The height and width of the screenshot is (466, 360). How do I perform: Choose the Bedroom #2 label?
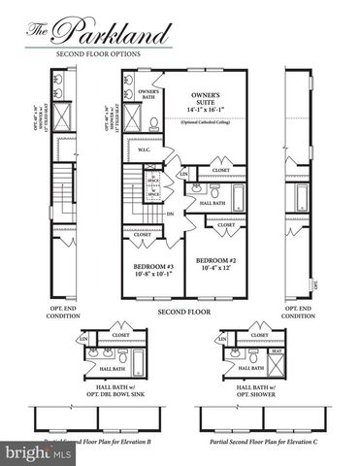pos(213,261)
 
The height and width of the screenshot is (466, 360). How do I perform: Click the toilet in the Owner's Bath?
pos(154,124)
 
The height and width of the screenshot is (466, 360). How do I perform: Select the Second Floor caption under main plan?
pos(184,313)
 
